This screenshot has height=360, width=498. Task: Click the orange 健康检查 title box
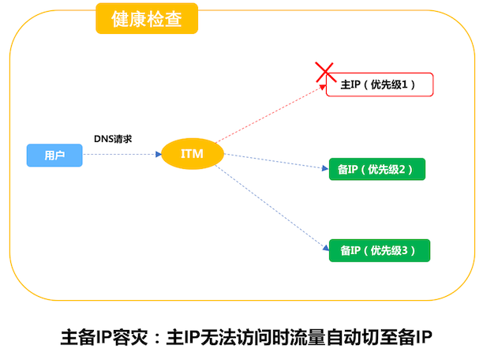pyautogui.click(x=147, y=20)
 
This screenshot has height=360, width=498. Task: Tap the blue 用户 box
pyautogui.click(x=54, y=156)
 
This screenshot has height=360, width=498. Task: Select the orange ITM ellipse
pyautogui.click(x=193, y=154)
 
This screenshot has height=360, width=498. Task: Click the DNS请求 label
pyautogui.click(x=113, y=138)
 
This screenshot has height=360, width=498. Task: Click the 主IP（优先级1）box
pyautogui.click(x=380, y=84)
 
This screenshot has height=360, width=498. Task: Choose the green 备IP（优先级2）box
pyautogui.click(x=376, y=170)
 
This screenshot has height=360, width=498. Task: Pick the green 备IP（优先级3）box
pyautogui.click(x=380, y=250)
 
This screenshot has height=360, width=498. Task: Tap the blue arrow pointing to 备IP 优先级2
pyautogui.click(x=276, y=159)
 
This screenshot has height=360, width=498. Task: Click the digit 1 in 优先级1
pyautogui.click(x=408, y=84)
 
